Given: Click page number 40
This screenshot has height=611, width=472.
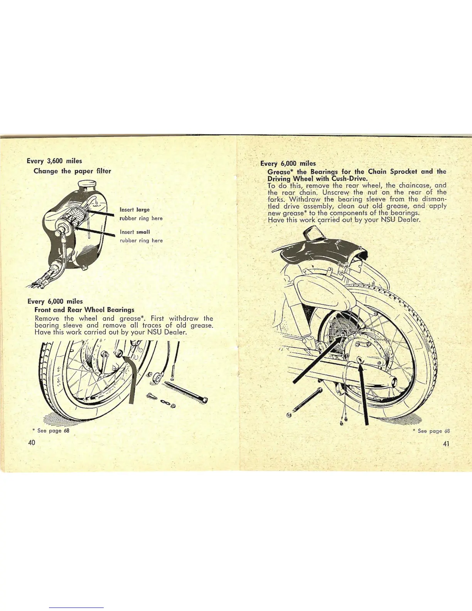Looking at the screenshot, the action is tap(32, 442).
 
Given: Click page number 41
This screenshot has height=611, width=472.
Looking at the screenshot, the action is tap(446, 444).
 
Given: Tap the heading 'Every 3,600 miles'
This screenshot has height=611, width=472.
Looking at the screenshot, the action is tap(54, 161).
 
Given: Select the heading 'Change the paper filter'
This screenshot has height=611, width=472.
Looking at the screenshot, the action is tap(72, 171).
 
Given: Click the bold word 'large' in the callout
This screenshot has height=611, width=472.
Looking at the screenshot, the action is tap(143, 210).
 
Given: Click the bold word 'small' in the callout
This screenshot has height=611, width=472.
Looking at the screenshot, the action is tap(143, 232).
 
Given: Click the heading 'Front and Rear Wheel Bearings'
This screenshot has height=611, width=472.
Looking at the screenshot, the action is tap(84, 310).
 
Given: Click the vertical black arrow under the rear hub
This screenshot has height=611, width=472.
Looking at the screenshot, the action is tap(364, 393).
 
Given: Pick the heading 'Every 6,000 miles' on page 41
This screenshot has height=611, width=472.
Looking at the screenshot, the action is tap(288, 164).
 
